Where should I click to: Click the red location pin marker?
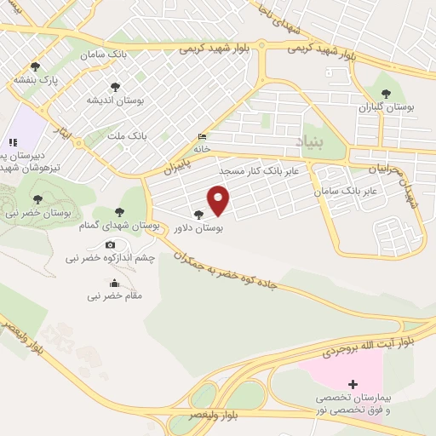[219, 200]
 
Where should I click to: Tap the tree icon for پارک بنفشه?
[35, 66]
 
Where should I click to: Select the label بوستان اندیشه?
[115, 100]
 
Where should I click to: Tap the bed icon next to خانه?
[201, 136]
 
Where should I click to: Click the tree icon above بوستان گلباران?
[386, 94]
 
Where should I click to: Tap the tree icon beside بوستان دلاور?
[198, 215]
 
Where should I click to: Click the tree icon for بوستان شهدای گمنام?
[118, 212]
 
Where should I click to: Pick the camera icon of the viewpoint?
[109, 245]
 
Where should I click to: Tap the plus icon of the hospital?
[353, 385]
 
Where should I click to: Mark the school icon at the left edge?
[13, 142]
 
